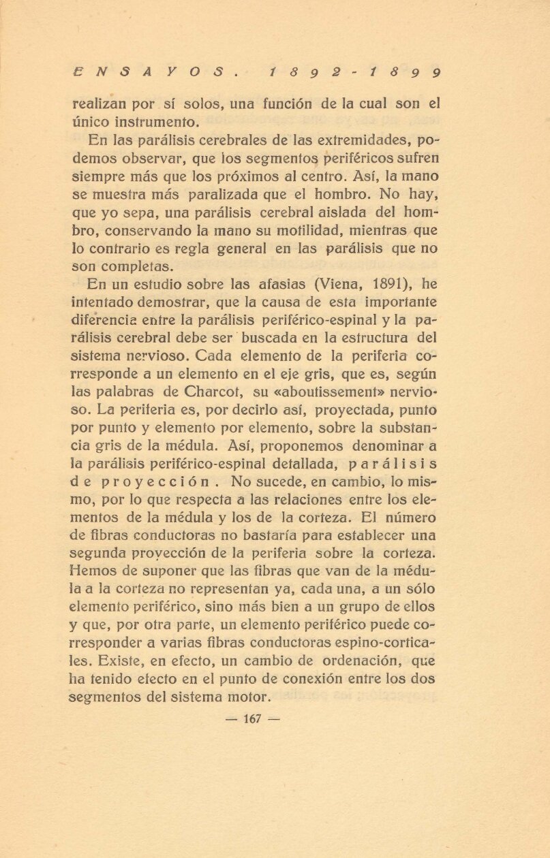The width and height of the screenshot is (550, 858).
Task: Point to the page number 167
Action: [252, 718]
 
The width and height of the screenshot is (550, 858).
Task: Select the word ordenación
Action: [356, 661]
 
